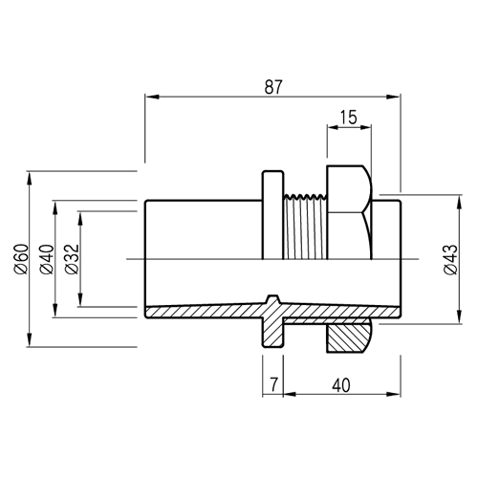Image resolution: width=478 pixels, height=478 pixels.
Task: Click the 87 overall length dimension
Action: [273, 87]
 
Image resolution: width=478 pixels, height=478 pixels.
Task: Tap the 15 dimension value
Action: [348, 117]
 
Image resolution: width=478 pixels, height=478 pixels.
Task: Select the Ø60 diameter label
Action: [21, 259]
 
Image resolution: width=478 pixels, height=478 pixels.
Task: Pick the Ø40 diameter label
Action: [47, 259]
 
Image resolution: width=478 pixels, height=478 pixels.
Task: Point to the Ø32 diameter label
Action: [72, 259]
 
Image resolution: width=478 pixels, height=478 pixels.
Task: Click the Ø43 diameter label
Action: [450, 259]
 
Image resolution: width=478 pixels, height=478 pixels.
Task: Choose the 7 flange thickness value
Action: [274, 384]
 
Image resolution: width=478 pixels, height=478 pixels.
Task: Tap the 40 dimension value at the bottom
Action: [341, 385]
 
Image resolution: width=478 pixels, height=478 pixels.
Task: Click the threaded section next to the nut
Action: [305, 227]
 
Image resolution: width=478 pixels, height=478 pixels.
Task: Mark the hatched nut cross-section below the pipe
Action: [349, 337]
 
